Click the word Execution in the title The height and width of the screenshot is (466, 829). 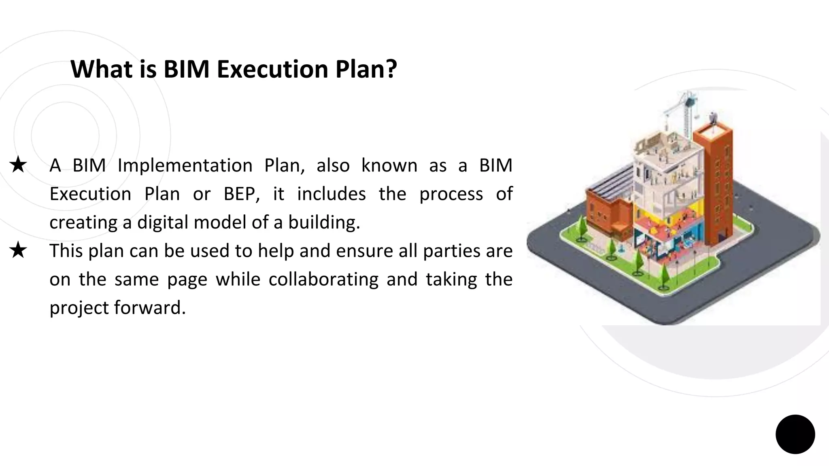tap(272, 69)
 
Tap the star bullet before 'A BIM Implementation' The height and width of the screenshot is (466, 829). tap(18, 165)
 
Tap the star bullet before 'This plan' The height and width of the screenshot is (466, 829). tap(18, 251)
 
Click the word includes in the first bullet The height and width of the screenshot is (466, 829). tap(331, 194)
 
